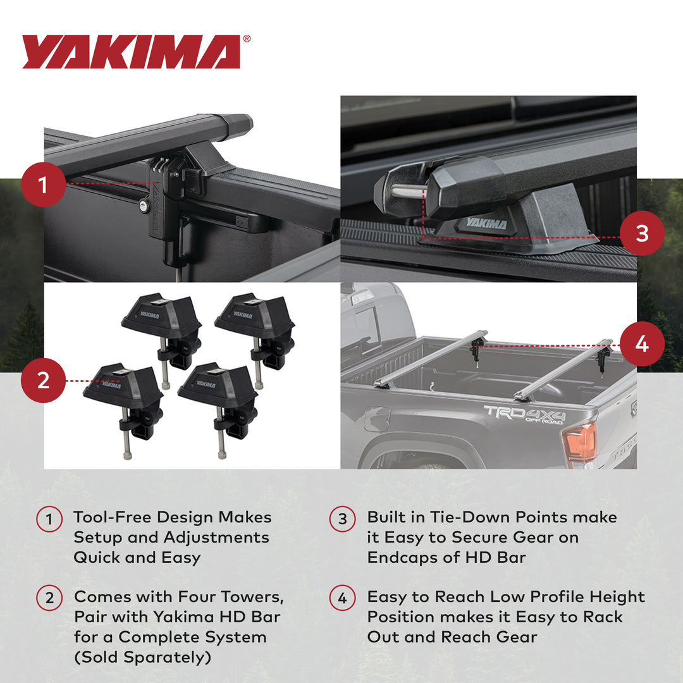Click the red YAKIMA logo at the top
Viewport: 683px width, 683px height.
coord(131,52)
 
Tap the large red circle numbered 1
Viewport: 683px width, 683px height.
coord(43,185)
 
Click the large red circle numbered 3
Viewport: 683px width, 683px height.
coord(642,233)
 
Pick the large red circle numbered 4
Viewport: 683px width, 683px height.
coord(642,344)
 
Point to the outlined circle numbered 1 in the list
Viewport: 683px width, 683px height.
coord(49,519)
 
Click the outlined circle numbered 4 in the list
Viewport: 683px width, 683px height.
coord(342,598)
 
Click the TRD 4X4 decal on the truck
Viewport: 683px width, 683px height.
coord(524,414)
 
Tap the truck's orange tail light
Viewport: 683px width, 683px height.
coord(580,442)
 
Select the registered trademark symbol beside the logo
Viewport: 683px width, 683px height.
coord(247,39)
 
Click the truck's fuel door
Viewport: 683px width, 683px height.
coord(378,419)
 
